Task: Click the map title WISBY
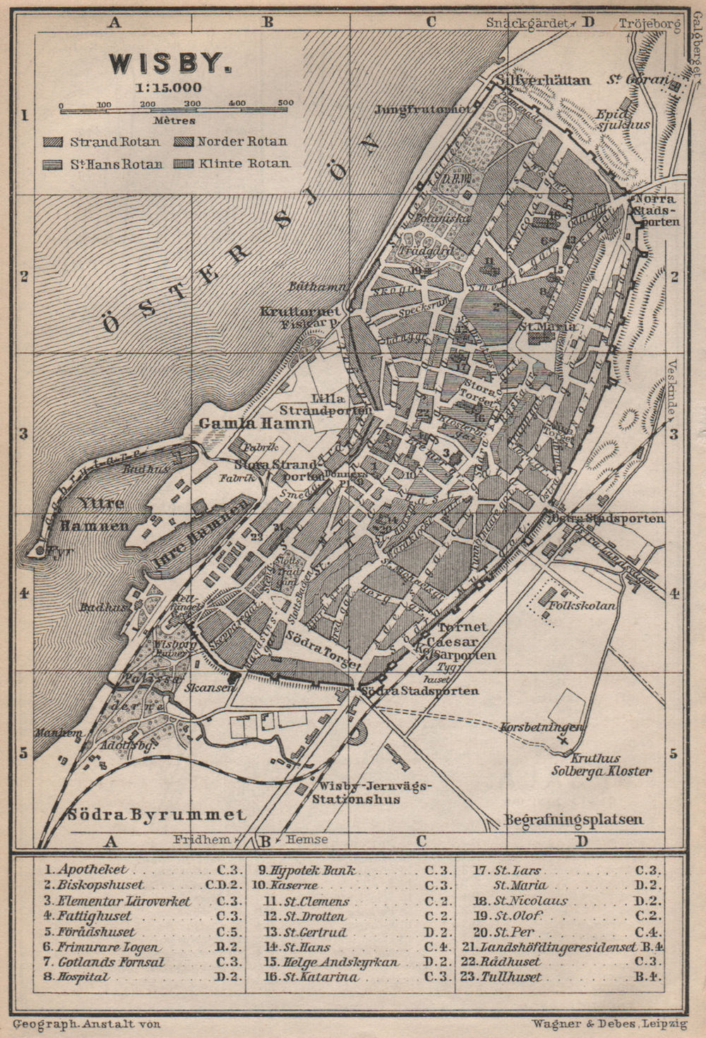point(169,64)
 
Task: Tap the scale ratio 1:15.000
point(169,88)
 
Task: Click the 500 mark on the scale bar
point(285,104)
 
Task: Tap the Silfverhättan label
point(543,80)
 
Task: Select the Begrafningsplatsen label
point(573,819)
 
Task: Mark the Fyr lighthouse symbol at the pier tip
point(40,550)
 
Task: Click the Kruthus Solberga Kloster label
point(602,766)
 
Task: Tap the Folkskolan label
point(585,605)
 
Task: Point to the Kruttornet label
point(301,310)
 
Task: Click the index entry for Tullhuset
point(512,977)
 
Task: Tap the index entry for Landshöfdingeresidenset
point(558,947)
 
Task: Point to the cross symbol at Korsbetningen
point(563,740)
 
